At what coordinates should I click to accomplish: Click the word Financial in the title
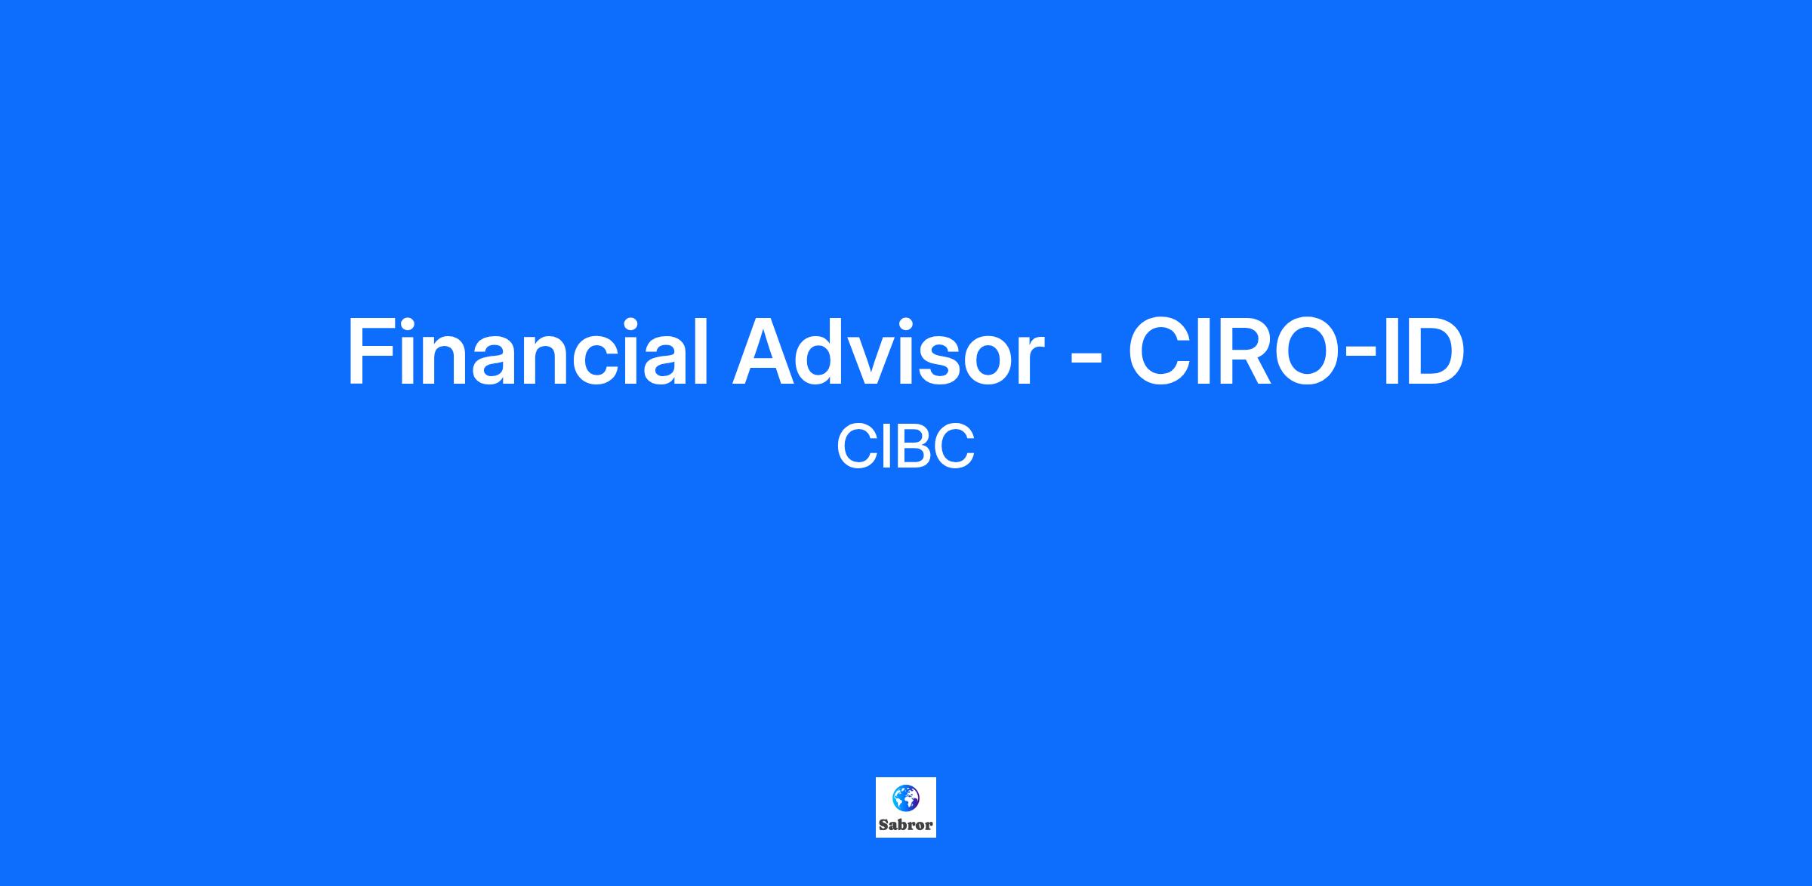pos(527,351)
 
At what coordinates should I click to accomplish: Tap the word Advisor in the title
pos(887,351)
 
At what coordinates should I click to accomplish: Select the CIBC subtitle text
pos(906,446)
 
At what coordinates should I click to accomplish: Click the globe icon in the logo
pos(906,798)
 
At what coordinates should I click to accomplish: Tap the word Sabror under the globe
pos(906,825)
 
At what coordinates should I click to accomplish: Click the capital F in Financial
pos(370,352)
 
